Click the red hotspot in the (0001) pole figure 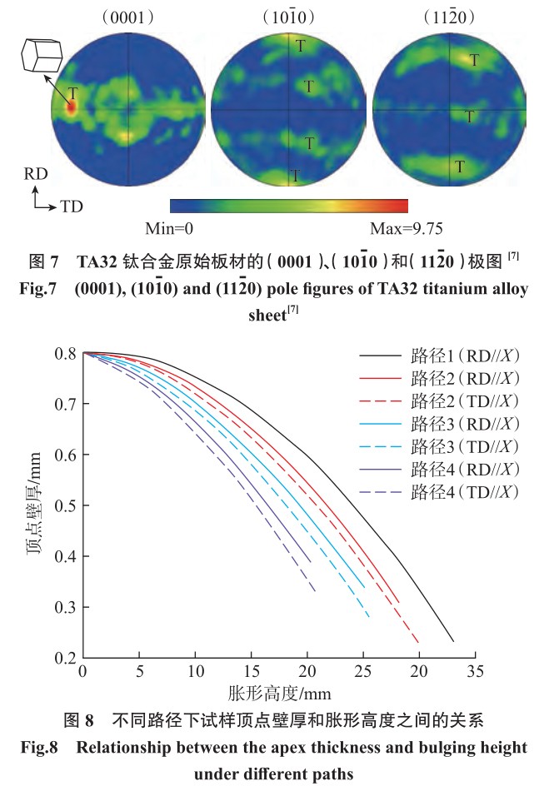click(71, 107)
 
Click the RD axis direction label click(34, 177)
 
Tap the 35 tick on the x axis click(476, 671)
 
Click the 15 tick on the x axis click(251, 671)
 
